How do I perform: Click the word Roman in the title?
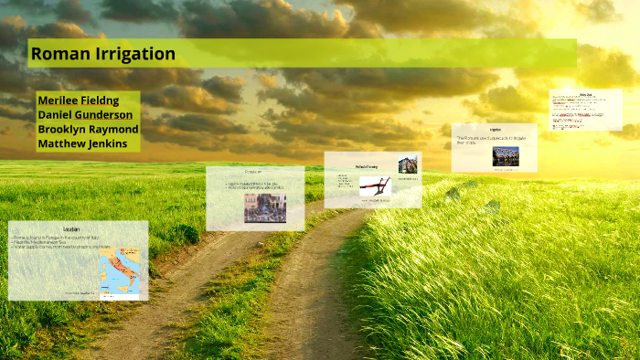pos(57,54)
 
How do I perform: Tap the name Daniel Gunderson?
pos(85,115)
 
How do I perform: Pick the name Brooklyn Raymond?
pos(88,130)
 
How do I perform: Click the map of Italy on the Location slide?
pos(120,275)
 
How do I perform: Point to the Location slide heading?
pos(71,229)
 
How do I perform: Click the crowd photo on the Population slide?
pos(264,207)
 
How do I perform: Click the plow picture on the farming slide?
pos(374,186)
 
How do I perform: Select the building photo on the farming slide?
pos(407,164)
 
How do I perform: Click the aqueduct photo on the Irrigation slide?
pos(505,156)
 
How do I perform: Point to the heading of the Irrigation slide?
pos(495,130)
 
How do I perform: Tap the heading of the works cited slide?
pos(586,94)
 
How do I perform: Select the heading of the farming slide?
pos(367,167)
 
